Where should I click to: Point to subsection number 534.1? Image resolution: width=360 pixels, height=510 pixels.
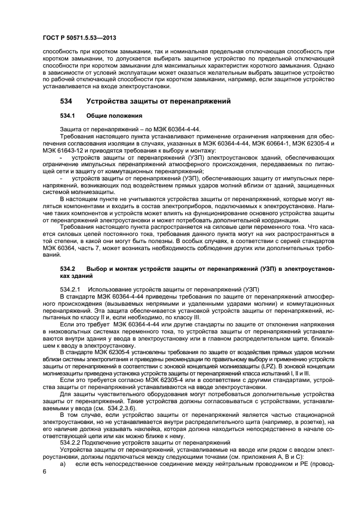[66, 116]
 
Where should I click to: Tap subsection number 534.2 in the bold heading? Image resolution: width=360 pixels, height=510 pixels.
[66, 269]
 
